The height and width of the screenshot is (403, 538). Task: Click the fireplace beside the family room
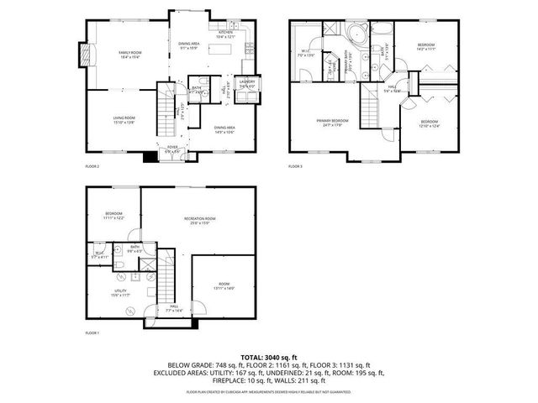[x=82, y=55]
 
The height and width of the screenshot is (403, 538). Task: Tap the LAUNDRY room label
[x=247, y=82]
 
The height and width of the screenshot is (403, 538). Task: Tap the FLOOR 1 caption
[x=92, y=333]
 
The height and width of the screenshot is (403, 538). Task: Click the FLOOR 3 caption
[x=295, y=166]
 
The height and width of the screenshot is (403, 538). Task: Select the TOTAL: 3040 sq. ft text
[x=269, y=356]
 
